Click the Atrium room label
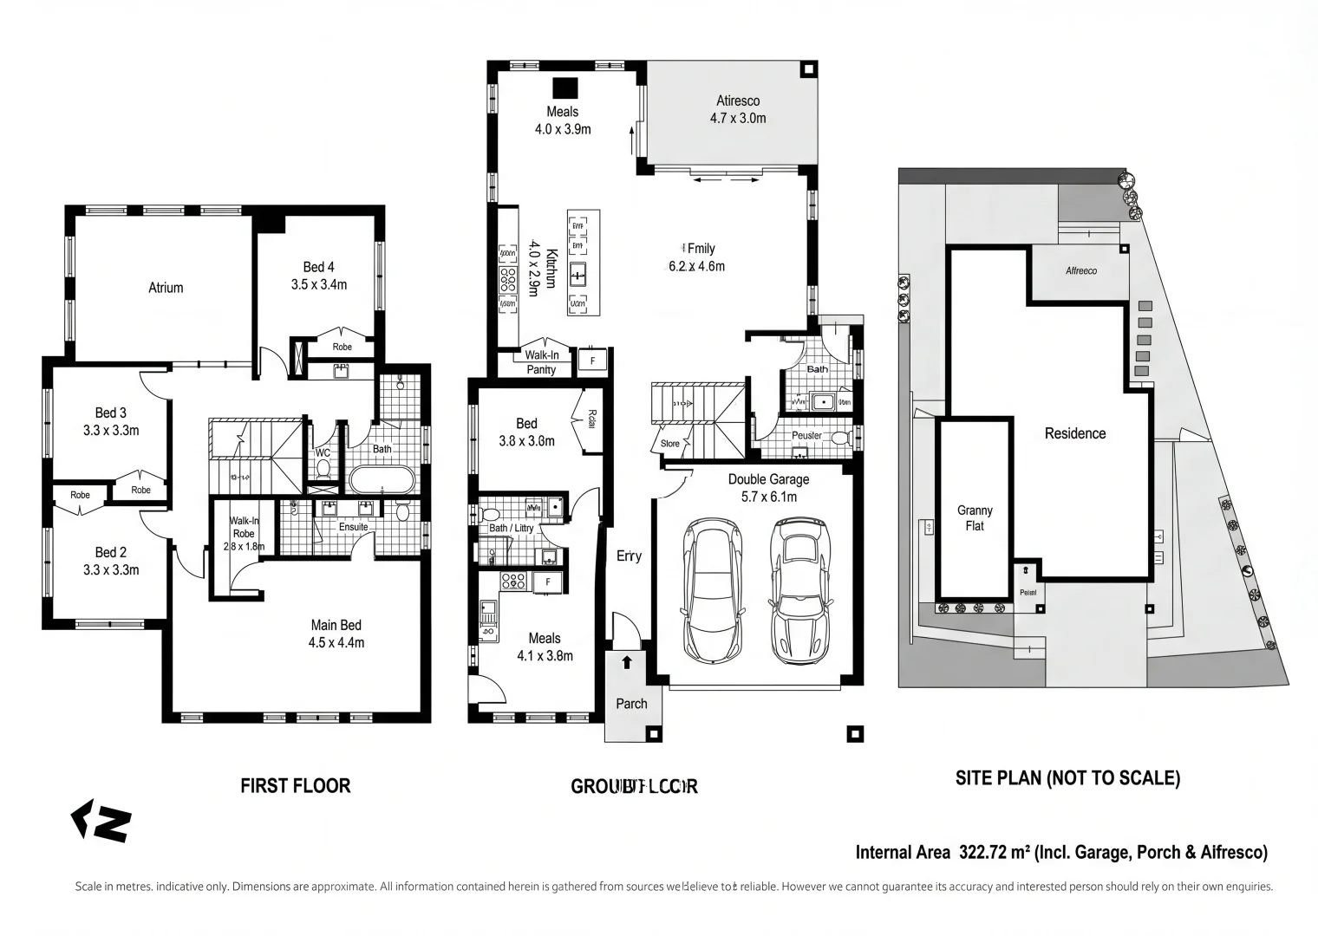[166, 288]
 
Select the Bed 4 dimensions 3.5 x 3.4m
[318, 284]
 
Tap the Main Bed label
[336, 625]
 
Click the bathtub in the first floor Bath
[382, 479]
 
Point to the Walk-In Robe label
[244, 527]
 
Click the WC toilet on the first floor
[323, 469]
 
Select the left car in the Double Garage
[713, 589]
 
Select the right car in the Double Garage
[799, 589]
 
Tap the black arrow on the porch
[627, 663]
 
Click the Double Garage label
[768, 479]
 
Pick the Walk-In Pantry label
[542, 362]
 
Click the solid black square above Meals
[565, 88]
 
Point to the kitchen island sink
[578, 275]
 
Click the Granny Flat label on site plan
[975, 518]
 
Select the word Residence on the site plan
[1075, 433]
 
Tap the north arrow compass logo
[101, 821]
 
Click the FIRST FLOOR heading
[295, 786]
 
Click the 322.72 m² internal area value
[995, 853]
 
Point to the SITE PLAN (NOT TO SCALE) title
[1067, 778]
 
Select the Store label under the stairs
[670, 444]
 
